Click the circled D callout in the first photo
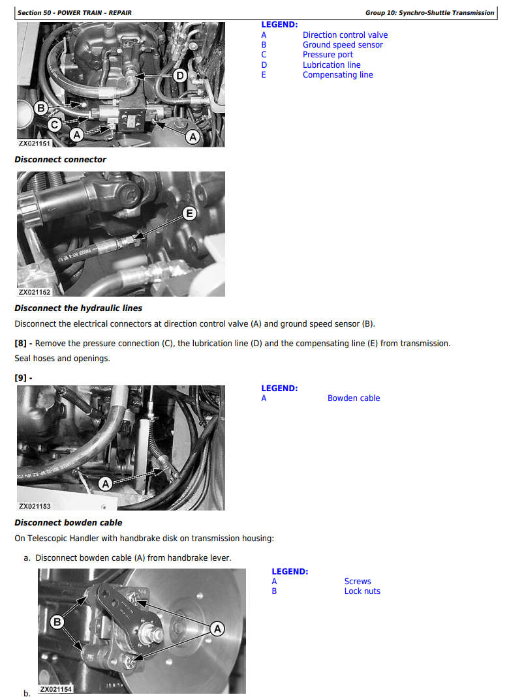click(179, 76)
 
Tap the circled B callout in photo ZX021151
click(41, 108)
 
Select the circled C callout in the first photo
click(55, 125)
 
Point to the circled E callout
click(189, 213)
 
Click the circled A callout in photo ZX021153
click(106, 484)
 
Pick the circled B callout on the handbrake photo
click(57, 622)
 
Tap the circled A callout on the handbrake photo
click(217, 629)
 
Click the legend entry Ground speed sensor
click(343, 45)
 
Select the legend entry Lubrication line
click(332, 65)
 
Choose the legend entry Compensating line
click(338, 75)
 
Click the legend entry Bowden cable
click(354, 398)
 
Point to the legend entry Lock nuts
click(362, 591)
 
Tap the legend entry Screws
click(358, 582)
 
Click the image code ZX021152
click(35, 292)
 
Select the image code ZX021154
click(55, 689)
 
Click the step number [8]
click(20, 343)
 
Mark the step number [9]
click(20, 378)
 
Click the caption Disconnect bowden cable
click(68, 523)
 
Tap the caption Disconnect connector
click(60, 160)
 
